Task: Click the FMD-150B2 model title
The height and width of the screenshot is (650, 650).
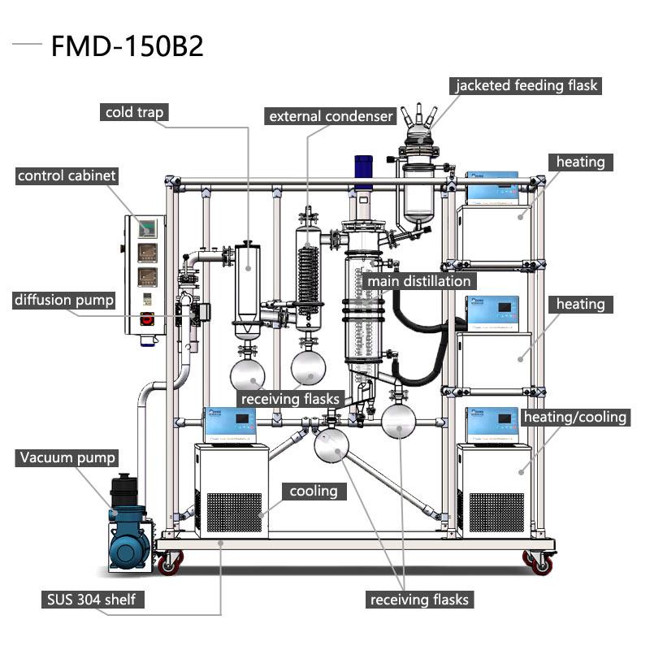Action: (x=127, y=46)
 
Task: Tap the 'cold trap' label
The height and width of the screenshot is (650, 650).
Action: (x=135, y=112)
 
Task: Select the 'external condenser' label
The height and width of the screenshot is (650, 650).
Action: (x=331, y=116)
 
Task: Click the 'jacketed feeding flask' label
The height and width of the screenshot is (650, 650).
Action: (x=526, y=85)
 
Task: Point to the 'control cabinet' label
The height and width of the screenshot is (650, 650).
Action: (x=67, y=175)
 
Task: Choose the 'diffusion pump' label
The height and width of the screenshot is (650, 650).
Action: (x=64, y=300)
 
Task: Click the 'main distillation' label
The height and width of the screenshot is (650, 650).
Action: (x=419, y=281)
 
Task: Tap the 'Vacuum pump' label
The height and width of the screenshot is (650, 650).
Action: (x=67, y=457)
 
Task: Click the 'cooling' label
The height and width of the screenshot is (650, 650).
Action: (x=314, y=491)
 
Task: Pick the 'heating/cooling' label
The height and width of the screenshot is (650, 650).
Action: (x=575, y=417)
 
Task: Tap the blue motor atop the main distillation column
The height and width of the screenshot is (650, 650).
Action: (x=362, y=168)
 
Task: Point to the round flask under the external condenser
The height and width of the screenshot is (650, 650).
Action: (x=308, y=366)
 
